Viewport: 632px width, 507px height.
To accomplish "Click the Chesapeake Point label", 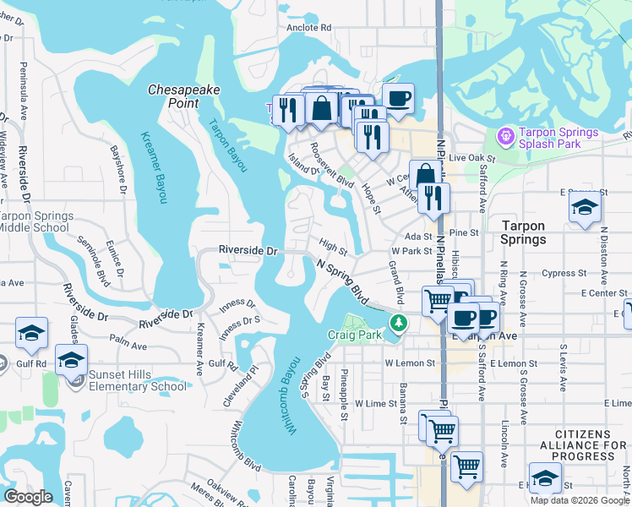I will (173, 95).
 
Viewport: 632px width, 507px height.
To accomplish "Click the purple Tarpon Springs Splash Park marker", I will (506, 134).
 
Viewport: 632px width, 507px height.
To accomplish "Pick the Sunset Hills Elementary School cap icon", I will (72, 358).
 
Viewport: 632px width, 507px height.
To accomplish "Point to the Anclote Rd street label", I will (308, 27).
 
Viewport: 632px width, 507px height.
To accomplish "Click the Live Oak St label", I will (471, 157).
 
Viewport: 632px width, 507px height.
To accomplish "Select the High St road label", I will (333, 248).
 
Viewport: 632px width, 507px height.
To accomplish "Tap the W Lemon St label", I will (409, 363).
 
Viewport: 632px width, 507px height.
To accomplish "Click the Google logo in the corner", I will (28, 497).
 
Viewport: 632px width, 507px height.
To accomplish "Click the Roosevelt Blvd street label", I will (331, 166).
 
